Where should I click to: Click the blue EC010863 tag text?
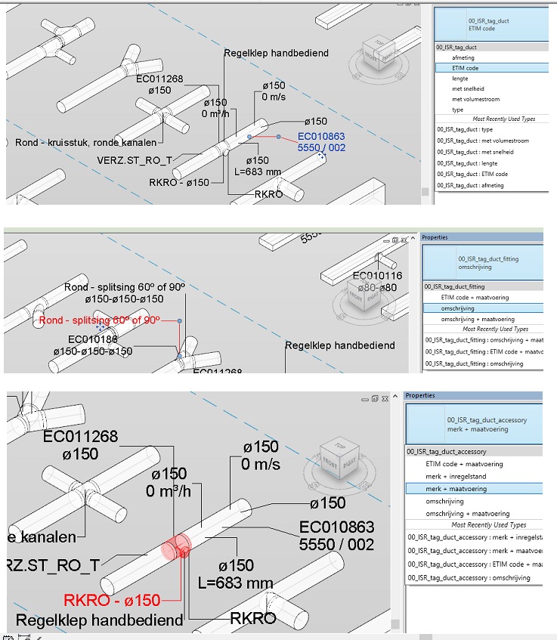click(321, 136)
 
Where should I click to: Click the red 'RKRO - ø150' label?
click(112, 600)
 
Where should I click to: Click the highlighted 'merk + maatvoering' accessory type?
click(456, 489)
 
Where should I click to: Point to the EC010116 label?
click(377, 276)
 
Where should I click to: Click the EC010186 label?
click(93, 340)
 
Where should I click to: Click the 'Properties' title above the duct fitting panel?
click(435, 237)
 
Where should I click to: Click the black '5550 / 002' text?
click(336, 544)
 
